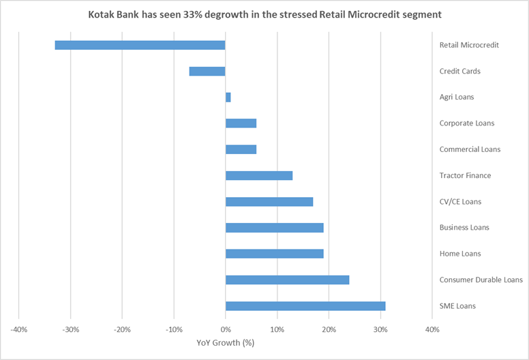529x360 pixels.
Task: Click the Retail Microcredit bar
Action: pyautogui.click(x=140, y=45)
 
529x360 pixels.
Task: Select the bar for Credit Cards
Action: pyautogui.click(x=207, y=71)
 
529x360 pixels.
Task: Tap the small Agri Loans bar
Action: pyautogui.click(x=228, y=97)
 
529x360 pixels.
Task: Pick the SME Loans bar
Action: pyautogui.click(x=305, y=306)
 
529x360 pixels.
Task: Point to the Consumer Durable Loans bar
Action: pyautogui.click(x=287, y=280)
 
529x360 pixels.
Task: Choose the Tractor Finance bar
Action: pyautogui.click(x=259, y=175)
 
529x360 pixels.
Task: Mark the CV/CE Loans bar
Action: pyautogui.click(x=269, y=202)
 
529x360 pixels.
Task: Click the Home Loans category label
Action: pyautogui.click(x=460, y=254)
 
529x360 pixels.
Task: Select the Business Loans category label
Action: pyautogui.click(x=464, y=228)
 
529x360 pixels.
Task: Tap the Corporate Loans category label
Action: pyautogui.click(x=467, y=123)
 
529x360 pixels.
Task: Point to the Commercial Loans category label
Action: pyautogui.click(x=470, y=149)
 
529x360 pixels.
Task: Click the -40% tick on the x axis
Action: pyautogui.click(x=18, y=330)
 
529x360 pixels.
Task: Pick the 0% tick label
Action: pyautogui.click(x=226, y=330)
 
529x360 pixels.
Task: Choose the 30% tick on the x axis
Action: pyautogui.click(x=380, y=330)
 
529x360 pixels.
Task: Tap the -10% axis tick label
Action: pyautogui.click(x=173, y=330)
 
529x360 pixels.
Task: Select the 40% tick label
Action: pyautogui.click(x=432, y=330)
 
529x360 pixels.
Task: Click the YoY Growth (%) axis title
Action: pyautogui.click(x=226, y=342)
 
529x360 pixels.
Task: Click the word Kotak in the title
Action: pyautogui.click(x=103, y=14)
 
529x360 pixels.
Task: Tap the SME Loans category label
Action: pyautogui.click(x=458, y=306)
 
